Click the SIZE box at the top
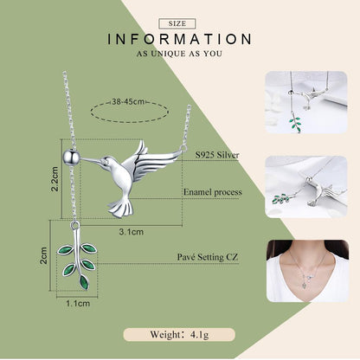pos(177,23)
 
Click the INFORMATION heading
pos(180,39)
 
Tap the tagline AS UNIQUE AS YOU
pos(179,54)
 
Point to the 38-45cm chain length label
pos(128,102)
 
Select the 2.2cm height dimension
pos(55,179)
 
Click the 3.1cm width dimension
pos(132,232)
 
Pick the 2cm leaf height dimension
pos(43,255)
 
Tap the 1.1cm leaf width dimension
pos(78,304)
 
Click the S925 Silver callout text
pos(217,155)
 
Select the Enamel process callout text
pos(213,192)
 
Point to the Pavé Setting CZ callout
pos(208,257)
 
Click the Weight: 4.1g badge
pos(179,335)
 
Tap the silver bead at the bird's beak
pos(71,157)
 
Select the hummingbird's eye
pos(106,161)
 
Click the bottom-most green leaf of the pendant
pos(84,282)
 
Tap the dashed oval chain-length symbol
pos(130,121)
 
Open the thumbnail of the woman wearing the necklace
pos(307,271)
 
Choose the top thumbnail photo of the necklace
pos(306,102)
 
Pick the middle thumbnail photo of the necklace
pos(306,187)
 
